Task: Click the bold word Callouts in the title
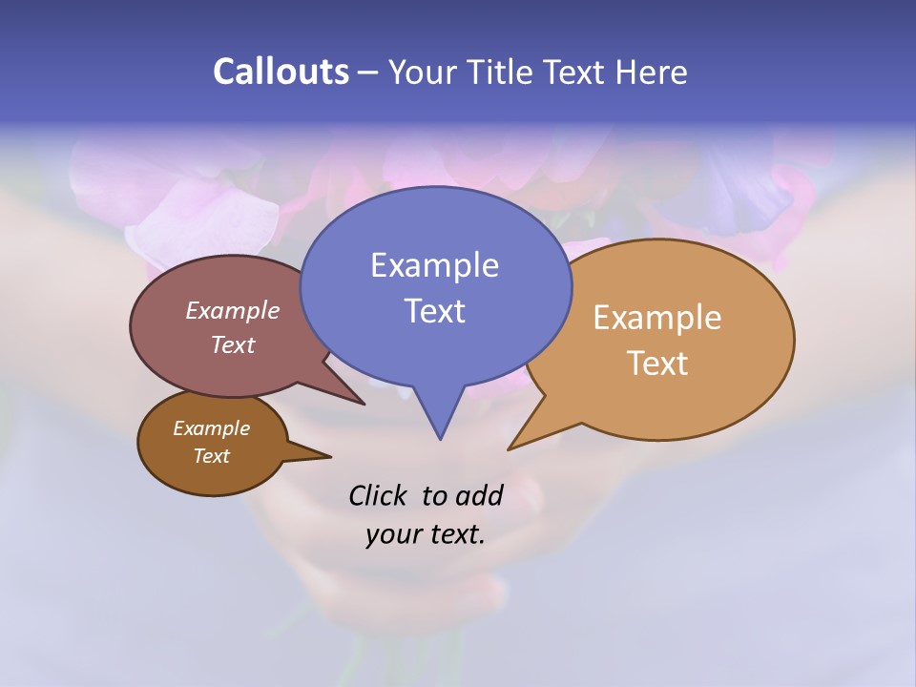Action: pos(281,72)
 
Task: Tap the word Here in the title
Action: pos(652,72)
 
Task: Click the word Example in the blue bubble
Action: pos(434,265)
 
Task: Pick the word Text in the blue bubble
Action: pos(434,311)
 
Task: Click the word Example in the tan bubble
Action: pos(657,318)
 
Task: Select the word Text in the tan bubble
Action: pos(657,364)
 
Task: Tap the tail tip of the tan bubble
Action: pos(510,448)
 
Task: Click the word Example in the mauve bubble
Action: pos(233,311)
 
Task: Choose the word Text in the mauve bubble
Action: pos(233,344)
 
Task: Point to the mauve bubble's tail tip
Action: pos(364,404)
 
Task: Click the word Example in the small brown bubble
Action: pos(212,428)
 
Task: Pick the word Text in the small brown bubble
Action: pos(212,456)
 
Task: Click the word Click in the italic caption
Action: pos(379,495)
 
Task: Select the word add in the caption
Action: pos(478,495)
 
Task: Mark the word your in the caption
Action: pos(392,534)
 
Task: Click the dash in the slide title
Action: pos(368,73)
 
